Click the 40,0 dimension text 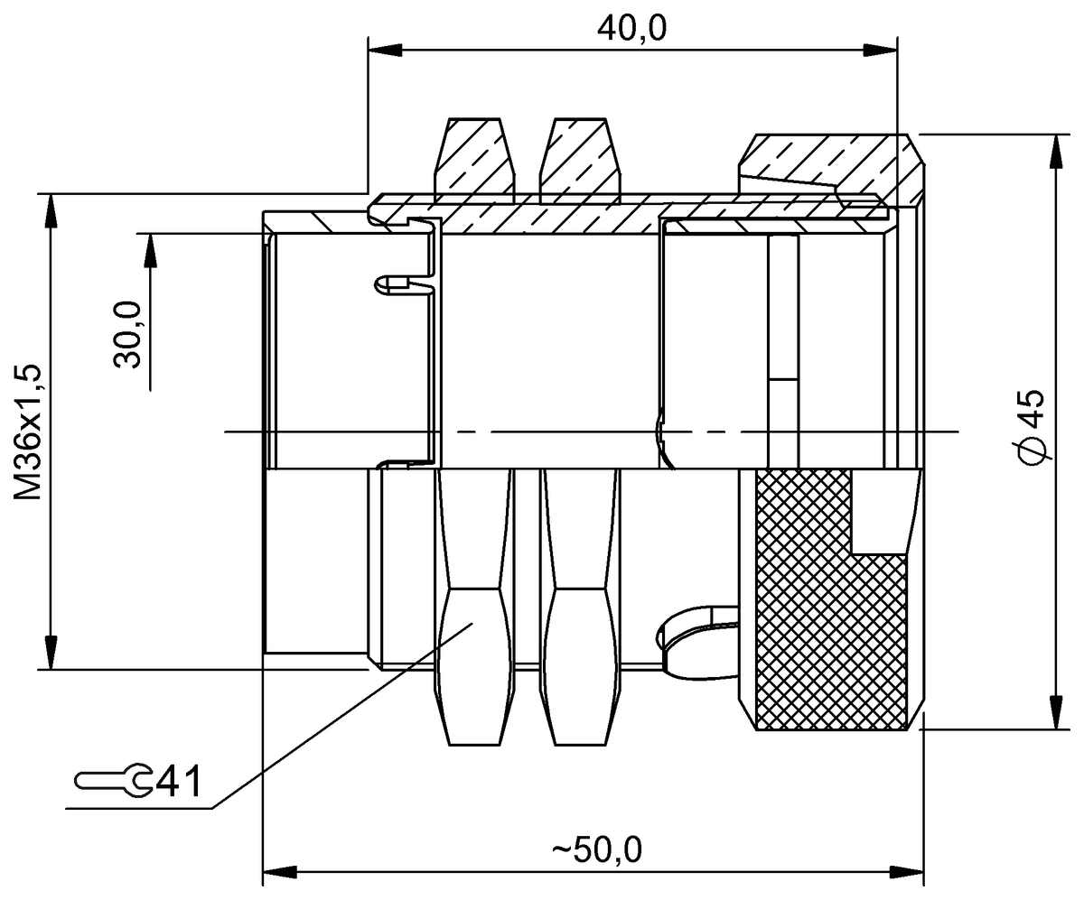point(631,29)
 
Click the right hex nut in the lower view point(579,623)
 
